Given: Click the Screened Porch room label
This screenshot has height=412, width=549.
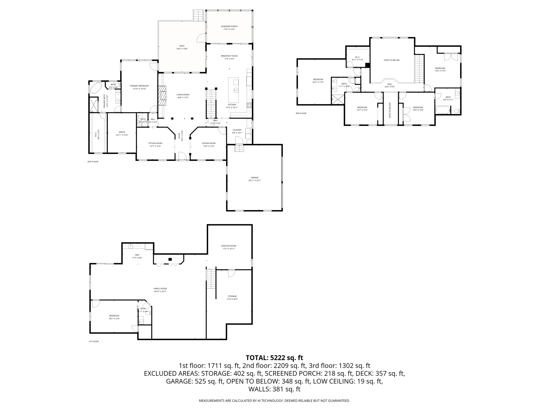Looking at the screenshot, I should tap(229, 26).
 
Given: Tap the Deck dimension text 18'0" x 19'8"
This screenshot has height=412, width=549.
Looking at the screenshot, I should tap(182, 49).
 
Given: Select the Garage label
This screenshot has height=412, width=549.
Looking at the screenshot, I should tap(254, 178).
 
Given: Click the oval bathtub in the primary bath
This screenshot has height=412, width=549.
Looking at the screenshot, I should tap(96, 88).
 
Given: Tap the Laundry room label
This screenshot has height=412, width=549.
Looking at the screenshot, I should tap(237, 130).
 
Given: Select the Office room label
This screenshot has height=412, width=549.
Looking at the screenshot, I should tap(122, 132).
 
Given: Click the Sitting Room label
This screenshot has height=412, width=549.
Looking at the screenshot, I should tap(155, 143).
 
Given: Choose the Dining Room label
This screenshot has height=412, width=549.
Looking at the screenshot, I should tap(209, 143).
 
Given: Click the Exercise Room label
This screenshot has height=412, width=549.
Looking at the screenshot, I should tap(229, 246).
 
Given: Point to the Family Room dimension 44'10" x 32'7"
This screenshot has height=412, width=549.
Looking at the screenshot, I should tap(160, 292).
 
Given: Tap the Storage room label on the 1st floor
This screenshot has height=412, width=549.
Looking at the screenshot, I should tap(232, 296).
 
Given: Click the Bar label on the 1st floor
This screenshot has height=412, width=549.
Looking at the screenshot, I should tap(137, 255).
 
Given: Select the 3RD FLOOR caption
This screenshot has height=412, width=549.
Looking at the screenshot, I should tap(301, 113).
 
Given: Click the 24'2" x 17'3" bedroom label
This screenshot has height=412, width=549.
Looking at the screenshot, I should tap(318, 82).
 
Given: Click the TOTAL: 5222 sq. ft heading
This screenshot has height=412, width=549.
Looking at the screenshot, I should tap(274, 358).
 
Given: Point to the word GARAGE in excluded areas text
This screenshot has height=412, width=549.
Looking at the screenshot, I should tap(178, 381).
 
